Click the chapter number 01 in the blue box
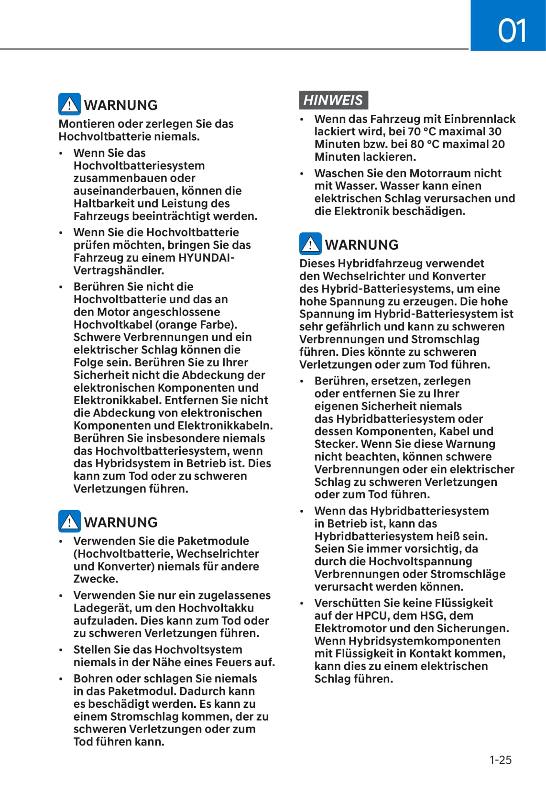tap(512, 30)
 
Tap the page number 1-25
tap(500, 759)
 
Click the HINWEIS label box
tap(333, 100)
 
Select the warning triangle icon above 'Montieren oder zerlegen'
tap(70, 104)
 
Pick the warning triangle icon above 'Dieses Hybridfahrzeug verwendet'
tap(311, 244)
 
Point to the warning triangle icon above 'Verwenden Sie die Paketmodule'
tap(70, 521)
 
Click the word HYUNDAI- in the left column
tap(206, 258)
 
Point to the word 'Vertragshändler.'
tap(119, 271)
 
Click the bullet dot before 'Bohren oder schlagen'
tap(61, 679)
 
